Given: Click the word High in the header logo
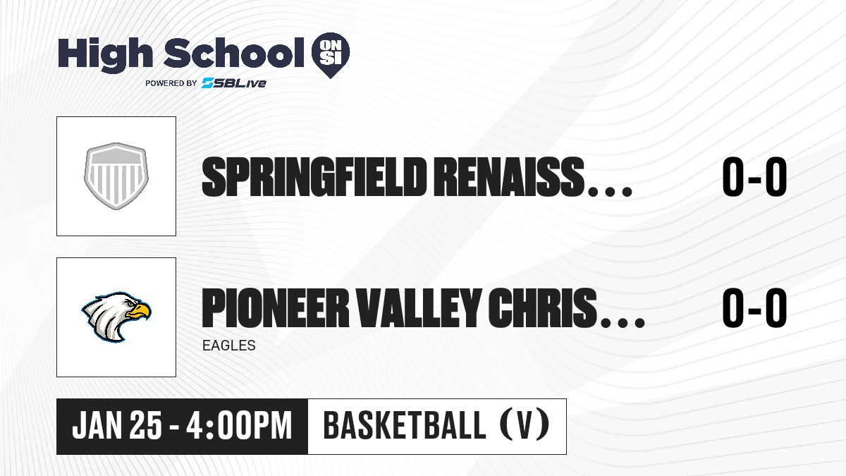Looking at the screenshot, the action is [x=105, y=55].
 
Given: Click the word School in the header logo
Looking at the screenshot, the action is [x=234, y=53].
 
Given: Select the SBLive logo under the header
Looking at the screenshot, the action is [x=233, y=83].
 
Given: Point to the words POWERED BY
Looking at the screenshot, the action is [x=171, y=83].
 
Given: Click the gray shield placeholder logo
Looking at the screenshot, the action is [x=116, y=176].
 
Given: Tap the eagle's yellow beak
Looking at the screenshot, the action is [x=139, y=311].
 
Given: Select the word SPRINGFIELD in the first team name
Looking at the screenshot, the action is [x=312, y=177].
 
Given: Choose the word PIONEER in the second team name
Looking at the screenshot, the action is [x=276, y=307].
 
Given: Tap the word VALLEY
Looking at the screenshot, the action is [x=419, y=307].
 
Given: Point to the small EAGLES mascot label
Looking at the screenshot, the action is [x=229, y=346].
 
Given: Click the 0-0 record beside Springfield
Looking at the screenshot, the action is [x=754, y=177].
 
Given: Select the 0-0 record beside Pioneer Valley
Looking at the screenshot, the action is [x=754, y=307].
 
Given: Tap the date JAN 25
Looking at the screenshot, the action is [x=117, y=425].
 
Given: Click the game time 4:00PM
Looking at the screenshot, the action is [x=239, y=425].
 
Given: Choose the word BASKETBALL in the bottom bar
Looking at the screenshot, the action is [x=405, y=425].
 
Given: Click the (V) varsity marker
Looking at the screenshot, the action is [x=525, y=425].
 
